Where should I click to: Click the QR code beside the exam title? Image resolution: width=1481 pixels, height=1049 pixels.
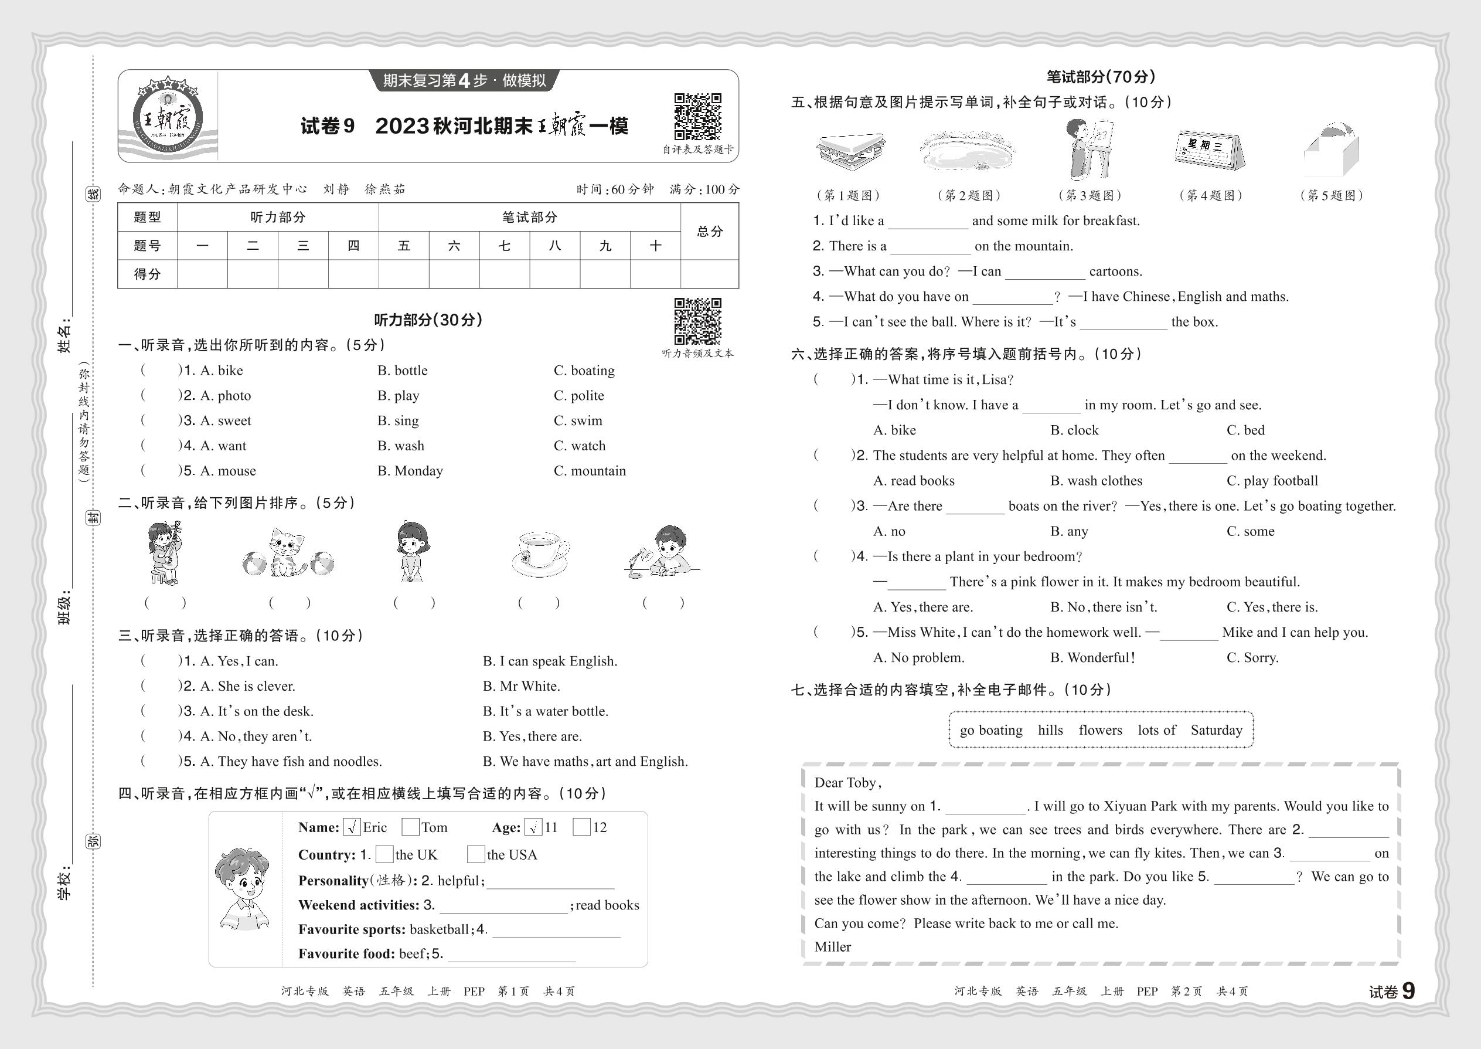pyautogui.click(x=697, y=116)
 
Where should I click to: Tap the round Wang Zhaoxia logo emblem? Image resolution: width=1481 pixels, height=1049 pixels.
pyautogui.click(x=168, y=117)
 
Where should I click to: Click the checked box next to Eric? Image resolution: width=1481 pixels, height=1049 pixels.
pyautogui.click(x=352, y=827)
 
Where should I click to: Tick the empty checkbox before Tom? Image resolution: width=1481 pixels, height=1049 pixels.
pyautogui.click(x=410, y=827)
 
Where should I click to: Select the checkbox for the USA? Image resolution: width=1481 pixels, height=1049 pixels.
pyautogui.click(x=476, y=854)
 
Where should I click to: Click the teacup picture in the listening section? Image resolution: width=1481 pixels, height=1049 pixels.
pyautogui.click(x=540, y=554)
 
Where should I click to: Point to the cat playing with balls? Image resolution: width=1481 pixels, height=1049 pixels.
pyautogui.click(x=288, y=554)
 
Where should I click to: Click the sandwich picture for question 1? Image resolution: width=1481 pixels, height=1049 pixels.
pyautogui.click(x=850, y=152)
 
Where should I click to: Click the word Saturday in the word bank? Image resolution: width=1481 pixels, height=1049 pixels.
pyautogui.click(x=1216, y=730)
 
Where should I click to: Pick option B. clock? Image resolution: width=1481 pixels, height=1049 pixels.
pyautogui.click(x=1074, y=430)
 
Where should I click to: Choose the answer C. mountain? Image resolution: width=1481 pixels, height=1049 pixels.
pyautogui.click(x=590, y=471)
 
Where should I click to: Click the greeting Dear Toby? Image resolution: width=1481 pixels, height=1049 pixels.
pyautogui.click(x=847, y=783)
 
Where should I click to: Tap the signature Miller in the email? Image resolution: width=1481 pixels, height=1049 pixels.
pyautogui.click(x=832, y=947)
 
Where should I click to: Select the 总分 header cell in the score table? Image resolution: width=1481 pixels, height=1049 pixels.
pyautogui.click(x=710, y=231)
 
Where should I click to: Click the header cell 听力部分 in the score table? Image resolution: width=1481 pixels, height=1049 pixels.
pyautogui.click(x=278, y=217)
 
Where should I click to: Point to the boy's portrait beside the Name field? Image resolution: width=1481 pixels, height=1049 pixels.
pyautogui.click(x=243, y=889)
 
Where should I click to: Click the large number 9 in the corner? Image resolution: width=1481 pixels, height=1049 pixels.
pyautogui.click(x=1408, y=991)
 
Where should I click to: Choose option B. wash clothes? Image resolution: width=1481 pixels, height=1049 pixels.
pyautogui.click(x=1095, y=481)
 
